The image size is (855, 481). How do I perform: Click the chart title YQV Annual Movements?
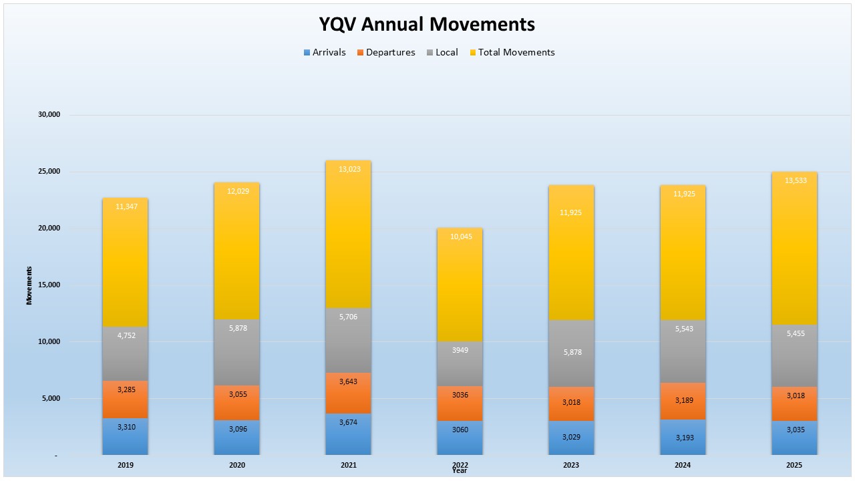[x=427, y=24]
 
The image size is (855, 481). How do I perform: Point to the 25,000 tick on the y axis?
[x=49, y=172]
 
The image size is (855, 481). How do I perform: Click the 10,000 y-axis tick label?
[x=49, y=342]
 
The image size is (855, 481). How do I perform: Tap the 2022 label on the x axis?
[x=460, y=464]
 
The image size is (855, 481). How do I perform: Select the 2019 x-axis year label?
[x=126, y=464]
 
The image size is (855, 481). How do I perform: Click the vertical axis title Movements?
[x=29, y=285]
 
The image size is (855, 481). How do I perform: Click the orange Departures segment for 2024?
[x=683, y=401]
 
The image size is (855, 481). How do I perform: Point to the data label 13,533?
[x=794, y=180]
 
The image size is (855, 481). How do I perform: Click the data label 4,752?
[x=126, y=335]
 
